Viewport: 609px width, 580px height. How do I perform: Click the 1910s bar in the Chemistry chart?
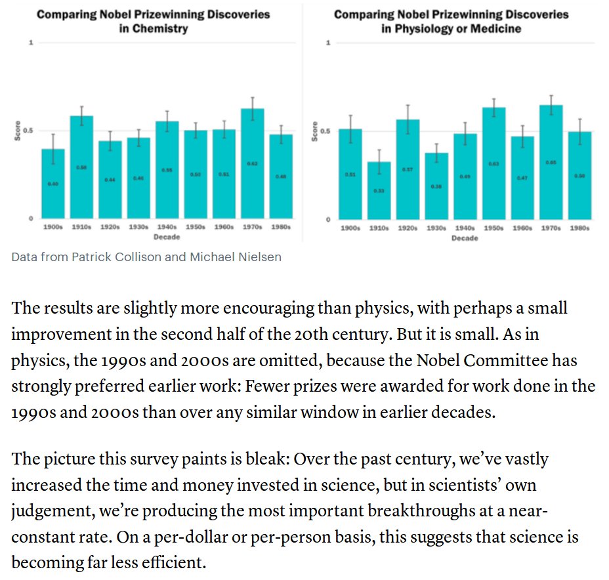(x=82, y=167)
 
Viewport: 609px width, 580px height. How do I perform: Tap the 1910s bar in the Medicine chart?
(x=379, y=190)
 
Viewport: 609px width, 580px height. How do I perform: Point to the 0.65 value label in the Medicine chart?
(x=551, y=161)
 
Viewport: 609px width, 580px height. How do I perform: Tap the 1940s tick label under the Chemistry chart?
(x=167, y=227)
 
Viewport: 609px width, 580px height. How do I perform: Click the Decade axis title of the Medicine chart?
(x=465, y=238)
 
